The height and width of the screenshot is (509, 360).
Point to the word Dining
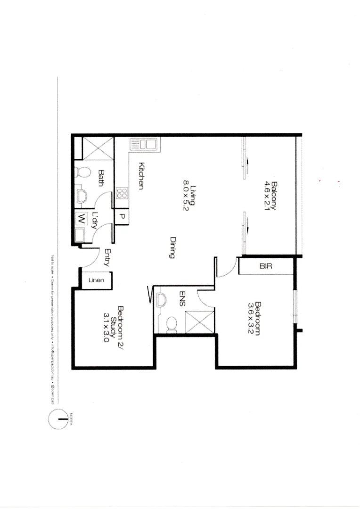point(172,247)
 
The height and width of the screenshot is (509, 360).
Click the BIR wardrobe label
point(266,266)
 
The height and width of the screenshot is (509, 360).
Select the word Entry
point(107,258)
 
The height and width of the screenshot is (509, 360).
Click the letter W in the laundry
point(82,219)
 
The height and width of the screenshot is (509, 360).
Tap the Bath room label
point(100,178)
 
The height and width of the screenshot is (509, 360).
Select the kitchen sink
point(145,144)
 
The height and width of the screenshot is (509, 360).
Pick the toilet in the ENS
point(172,323)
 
